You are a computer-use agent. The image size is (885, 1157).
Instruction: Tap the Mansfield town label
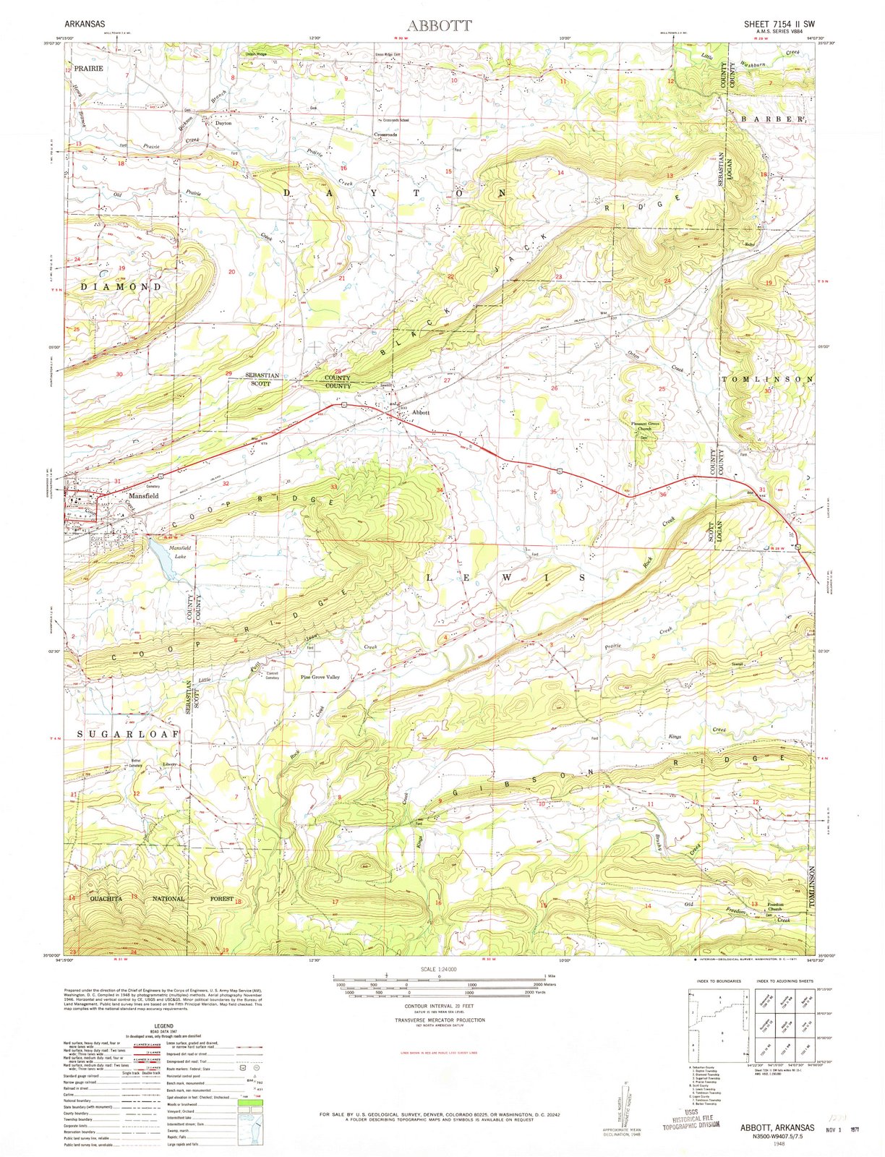click(x=144, y=496)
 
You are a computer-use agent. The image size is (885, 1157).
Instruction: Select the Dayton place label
click(x=223, y=123)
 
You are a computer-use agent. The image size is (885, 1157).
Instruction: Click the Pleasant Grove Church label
click(x=643, y=426)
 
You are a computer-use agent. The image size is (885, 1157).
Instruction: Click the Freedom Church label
click(x=775, y=906)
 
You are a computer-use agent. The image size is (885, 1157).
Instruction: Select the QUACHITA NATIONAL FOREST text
click(x=161, y=898)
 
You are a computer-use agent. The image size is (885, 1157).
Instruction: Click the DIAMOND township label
click(x=121, y=286)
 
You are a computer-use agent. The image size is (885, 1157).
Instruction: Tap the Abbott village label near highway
click(x=420, y=412)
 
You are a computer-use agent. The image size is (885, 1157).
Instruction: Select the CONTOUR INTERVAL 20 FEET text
click(x=440, y=1005)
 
